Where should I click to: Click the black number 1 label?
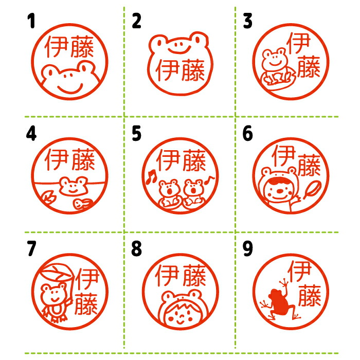point(31,21)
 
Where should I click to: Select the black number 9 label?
point(247,248)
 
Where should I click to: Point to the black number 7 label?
point(31,248)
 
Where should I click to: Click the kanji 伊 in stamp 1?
point(57,47)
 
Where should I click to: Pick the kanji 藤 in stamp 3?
point(309,66)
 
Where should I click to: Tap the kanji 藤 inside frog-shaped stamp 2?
point(193,70)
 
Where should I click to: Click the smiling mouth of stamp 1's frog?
point(70,88)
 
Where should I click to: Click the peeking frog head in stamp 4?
point(73,186)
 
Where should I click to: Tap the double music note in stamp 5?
point(151,177)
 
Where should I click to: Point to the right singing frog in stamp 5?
point(193,192)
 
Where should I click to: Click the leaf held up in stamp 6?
point(312,190)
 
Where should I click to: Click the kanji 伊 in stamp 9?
point(299,271)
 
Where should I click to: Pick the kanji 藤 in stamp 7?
point(86,303)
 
